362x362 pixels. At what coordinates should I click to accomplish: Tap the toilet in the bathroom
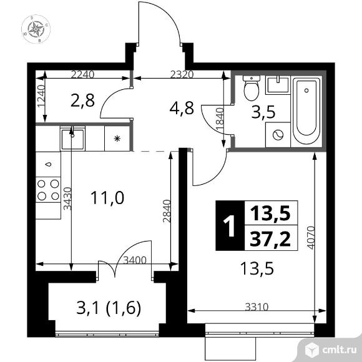[251, 89]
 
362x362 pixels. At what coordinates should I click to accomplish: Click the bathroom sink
[275, 84]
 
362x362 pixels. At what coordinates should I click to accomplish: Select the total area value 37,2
[270, 238]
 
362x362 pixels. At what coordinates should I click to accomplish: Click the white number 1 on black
[230, 227]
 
